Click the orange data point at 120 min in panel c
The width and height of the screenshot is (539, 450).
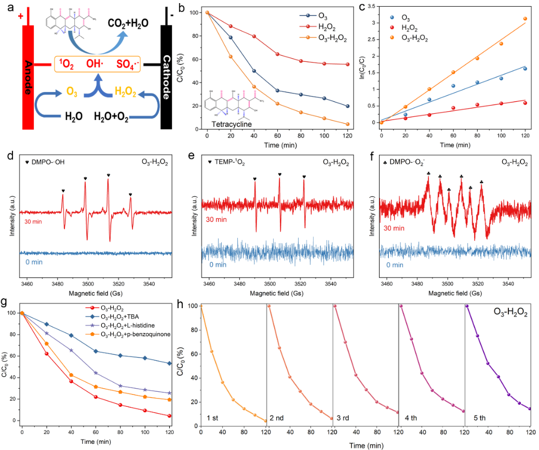pyautogui.click(x=525, y=19)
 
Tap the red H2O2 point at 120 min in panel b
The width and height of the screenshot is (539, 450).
pyautogui.click(x=347, y=64)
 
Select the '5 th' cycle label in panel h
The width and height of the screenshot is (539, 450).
pyautogui.click(x=476, y=417)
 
